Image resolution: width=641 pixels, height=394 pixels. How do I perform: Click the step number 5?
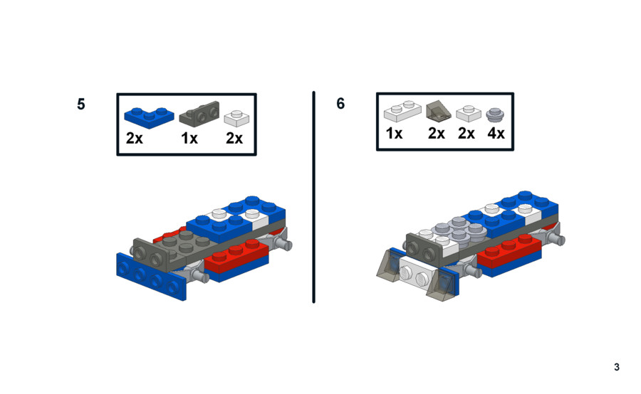tap(81, 104)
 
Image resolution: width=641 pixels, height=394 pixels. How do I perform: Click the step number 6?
tap(340, 104)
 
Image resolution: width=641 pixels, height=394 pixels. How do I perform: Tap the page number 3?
tap(617, 367)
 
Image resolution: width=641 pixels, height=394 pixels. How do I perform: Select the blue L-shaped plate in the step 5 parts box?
tap(149, 118)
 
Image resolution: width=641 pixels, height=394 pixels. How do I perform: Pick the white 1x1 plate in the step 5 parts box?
tap(236, 117)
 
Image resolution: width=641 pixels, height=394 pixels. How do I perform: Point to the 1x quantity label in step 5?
tap(189, 139)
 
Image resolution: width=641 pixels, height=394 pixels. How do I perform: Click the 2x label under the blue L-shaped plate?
tap(134, 139)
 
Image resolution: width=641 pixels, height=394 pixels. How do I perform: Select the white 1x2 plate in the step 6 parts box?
tap(402, 111)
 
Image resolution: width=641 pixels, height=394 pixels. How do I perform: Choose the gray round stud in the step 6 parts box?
tap(495, 115)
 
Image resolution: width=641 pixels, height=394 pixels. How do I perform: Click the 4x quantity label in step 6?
tap(496, 133)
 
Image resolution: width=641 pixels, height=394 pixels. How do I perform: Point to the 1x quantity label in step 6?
tap(394, 133)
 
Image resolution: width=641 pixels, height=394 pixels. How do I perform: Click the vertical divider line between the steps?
tap(313, 197)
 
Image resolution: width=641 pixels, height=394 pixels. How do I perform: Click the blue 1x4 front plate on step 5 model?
tap(151, 277)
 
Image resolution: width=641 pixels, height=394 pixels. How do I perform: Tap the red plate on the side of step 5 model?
tap(236, 256)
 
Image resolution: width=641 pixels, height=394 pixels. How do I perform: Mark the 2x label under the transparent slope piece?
tap(436, 133)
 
